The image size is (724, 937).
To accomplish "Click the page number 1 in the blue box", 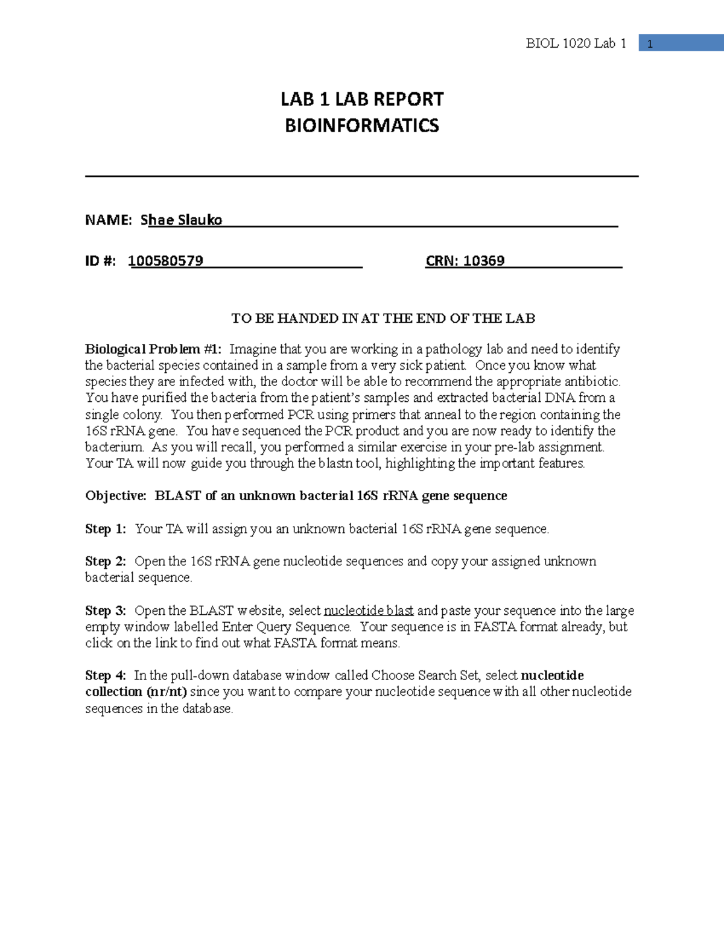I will tap(650, 44).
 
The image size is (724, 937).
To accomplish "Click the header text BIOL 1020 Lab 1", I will tap(576, 43).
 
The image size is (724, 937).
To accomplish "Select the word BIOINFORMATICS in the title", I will tap(362, 125).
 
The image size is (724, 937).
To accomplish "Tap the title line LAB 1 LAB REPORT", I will tap(362, 99).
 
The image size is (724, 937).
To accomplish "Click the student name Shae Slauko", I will tap(182, 220).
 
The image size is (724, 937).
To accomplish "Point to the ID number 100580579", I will tap(166, 261).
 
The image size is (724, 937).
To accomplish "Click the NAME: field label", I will tap(108, 220).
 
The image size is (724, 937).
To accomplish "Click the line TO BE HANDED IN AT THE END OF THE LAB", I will tap(383, 319).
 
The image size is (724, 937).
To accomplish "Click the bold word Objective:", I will tap(116, 496).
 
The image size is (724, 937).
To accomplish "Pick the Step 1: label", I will tap(106, 529).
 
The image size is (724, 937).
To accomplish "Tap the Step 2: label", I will tap(106, 562).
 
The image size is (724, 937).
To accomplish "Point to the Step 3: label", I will tap(106, 611).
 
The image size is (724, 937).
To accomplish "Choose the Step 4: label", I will tap(106, 676).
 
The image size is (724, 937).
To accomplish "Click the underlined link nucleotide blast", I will tap(369, 611).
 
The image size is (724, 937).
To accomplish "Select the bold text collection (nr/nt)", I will tap(136, 692).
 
